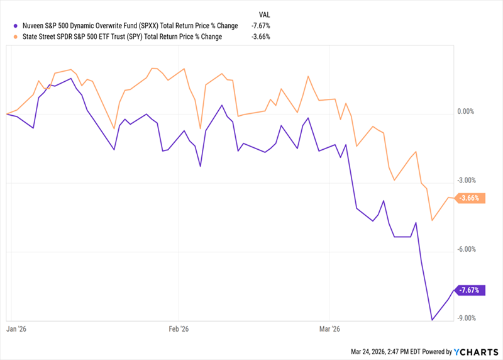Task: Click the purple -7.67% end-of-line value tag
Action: tap(470, 290)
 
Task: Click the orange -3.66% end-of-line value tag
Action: tap(470, 198)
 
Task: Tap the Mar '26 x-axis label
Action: tap(330, 329)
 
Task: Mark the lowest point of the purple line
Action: tap(432, 320)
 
